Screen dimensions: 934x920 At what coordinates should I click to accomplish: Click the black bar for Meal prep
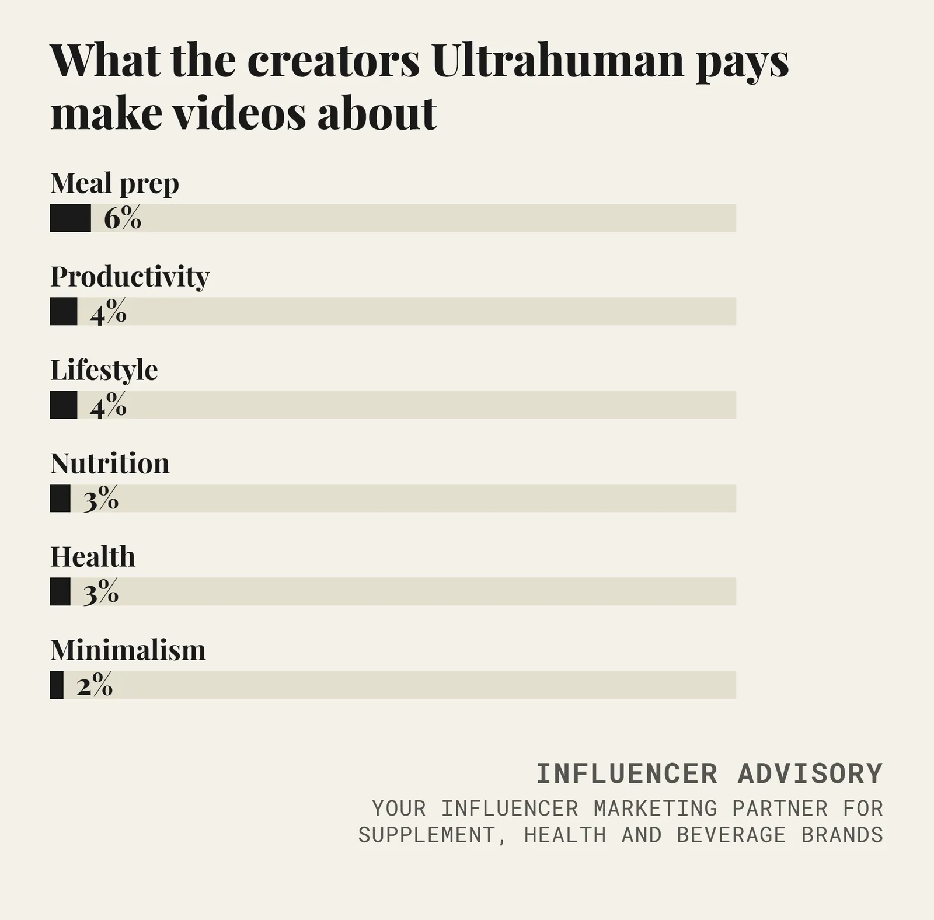tap(70, 218)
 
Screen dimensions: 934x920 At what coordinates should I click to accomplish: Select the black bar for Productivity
tap(64, 311)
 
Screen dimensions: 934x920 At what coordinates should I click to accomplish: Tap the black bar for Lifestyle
tap(64, 405)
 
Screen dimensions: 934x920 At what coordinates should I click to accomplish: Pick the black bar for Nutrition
tap(60, 498)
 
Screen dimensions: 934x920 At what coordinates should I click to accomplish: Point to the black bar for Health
tap(60, 591)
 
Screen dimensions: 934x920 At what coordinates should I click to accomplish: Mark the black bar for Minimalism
tap(57, 685)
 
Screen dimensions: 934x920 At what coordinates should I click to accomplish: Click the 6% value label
tap(123, 218)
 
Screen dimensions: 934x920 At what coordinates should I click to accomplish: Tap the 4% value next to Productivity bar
tap(108, 312)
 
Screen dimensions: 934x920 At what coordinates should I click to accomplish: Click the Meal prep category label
tap(114, 184)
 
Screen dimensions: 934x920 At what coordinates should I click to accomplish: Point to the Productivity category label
tap(130, 277)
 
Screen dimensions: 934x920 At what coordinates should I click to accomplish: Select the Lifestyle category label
tap(104, 370)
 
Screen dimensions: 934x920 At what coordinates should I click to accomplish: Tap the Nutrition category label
tap(110, 464)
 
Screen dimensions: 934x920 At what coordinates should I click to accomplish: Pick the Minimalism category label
tap(128, 650)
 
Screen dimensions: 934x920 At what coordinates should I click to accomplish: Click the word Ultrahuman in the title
tap(558, 60)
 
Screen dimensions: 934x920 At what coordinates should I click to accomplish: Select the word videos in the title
tap(239, 112)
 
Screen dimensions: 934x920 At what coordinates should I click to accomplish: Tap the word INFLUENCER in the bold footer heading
tap(626, 774)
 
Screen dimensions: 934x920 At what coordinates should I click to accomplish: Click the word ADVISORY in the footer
tap(810, 774)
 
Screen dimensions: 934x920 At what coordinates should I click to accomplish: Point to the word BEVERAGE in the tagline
tap(731, 835)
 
